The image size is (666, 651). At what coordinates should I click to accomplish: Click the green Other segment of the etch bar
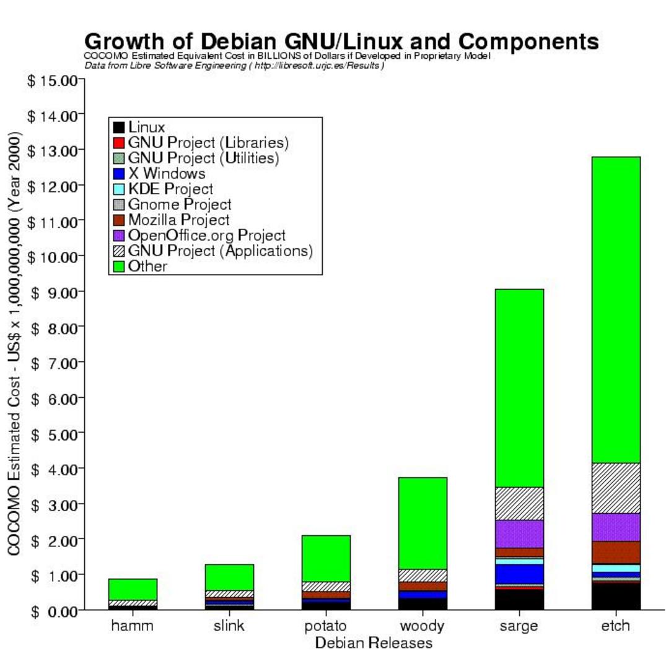click(x=616, y=310)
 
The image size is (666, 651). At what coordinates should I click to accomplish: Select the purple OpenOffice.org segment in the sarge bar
click(x=519, y=534)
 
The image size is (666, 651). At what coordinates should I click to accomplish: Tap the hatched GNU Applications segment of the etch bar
click(x=616, y=488)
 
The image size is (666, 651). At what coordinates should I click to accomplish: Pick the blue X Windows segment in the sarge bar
click(x=519, y=574)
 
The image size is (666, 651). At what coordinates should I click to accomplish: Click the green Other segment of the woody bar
click(x=423, y=524)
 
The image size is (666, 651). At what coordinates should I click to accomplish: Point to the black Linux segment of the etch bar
click(x=616, y=597)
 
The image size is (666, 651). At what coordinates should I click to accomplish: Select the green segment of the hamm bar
click(x=133, y=590)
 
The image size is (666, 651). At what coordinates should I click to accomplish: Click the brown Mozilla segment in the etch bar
click(x=616, y=553)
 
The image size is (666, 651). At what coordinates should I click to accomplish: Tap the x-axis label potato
click(x=325, y=626)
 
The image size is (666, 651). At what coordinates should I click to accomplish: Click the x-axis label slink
click(x=229, y=625)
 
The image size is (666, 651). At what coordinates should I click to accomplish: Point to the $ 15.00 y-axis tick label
click(x=53, y=80)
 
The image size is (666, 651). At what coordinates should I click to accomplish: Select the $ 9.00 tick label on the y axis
click(x=53, y=293)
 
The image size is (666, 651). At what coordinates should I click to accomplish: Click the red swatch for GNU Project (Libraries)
click(x=119, y=142)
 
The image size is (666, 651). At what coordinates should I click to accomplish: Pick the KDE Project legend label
click(x=171, y=189)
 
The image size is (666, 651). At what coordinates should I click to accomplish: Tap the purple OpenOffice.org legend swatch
click(x=119, y=236)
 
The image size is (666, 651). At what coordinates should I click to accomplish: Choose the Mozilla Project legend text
click(x=179, y=220)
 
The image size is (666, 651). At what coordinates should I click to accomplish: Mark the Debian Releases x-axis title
click(x=374, y=642)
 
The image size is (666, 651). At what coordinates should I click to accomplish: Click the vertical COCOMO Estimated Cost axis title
click(x=14, y=343)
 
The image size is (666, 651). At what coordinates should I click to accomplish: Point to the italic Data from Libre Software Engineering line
click(x=234, y=66)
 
